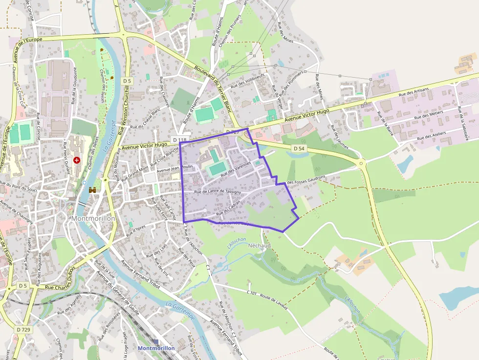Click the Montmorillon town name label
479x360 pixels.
(93, 218)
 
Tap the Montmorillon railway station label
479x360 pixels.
(156, 348)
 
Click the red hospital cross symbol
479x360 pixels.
(77, 160)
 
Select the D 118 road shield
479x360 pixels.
(180, 140)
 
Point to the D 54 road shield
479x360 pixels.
(300, 148)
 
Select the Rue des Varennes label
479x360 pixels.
(236, 170)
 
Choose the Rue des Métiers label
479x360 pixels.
(428, 115)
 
